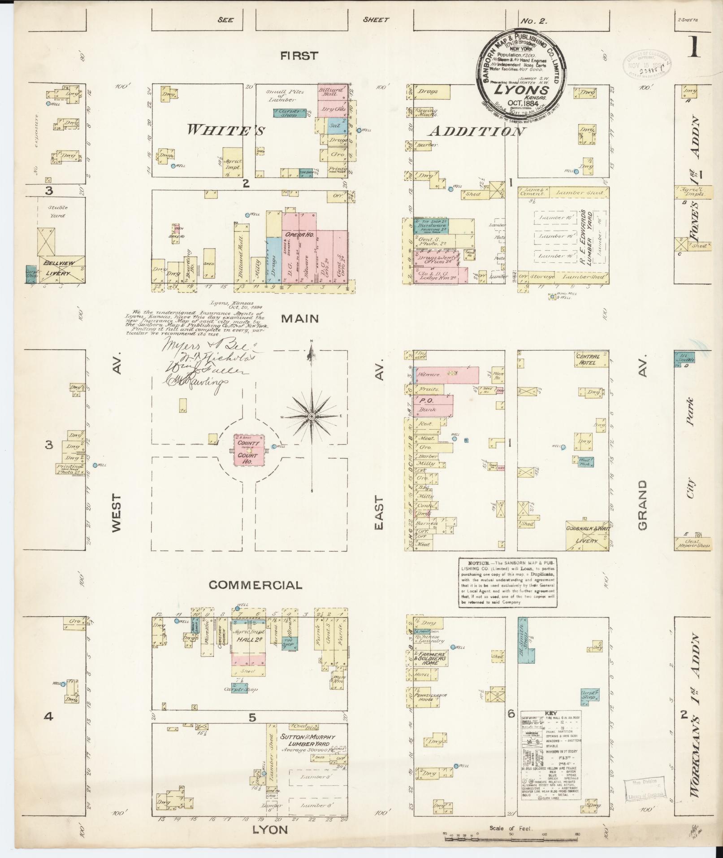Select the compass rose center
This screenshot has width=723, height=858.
(311, 417)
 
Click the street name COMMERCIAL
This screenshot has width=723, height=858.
(255, 585)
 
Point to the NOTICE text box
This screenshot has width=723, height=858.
(507, 583)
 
